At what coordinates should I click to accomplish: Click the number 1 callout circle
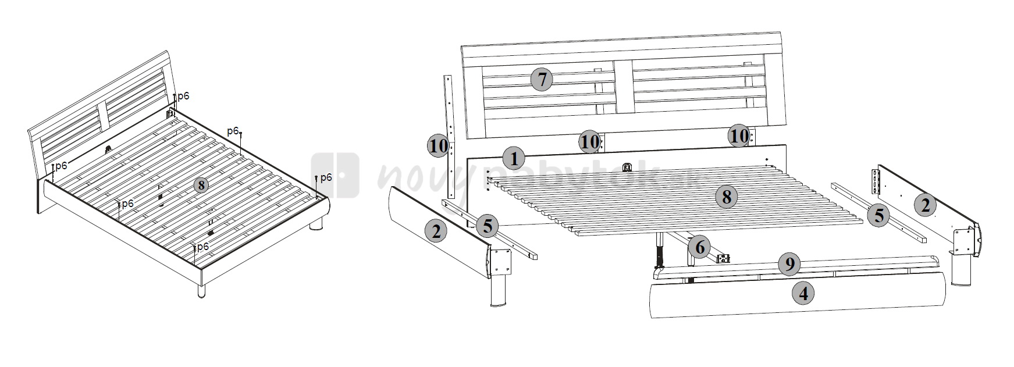point(513,158)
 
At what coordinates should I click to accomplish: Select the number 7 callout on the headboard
point(542,79)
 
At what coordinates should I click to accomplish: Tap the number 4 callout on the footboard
point(803,294)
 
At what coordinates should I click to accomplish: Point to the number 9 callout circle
point(789,265)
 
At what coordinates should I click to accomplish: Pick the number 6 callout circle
point(699,248)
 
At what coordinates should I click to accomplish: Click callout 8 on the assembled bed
point(200,186)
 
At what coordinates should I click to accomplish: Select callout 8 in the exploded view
point(726,197)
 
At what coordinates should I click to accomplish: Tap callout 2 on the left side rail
point(436,231)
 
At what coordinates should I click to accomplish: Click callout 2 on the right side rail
point(925,205)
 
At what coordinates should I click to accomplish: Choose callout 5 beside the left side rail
point(488,226)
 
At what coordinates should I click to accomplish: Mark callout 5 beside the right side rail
point(878,216)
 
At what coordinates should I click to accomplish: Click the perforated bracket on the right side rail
point(874,181)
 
